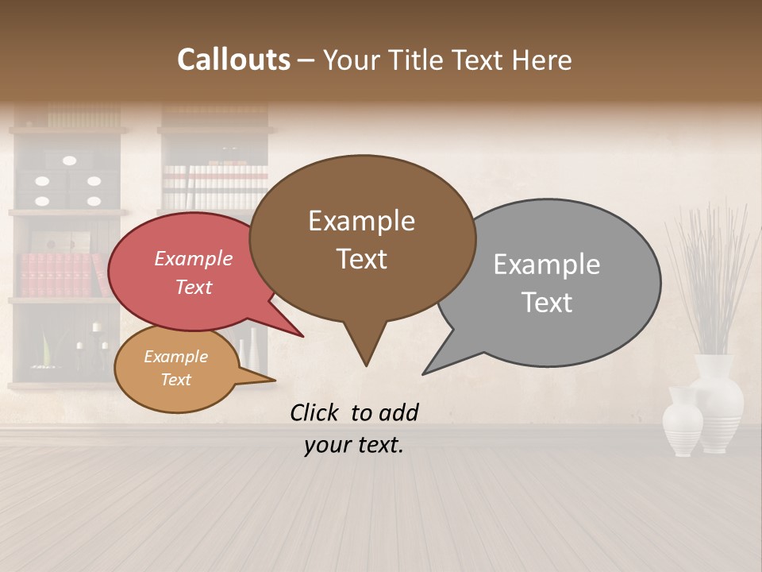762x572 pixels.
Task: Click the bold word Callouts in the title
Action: (x=233, y=60)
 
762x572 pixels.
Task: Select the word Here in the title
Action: (x=541, y=60)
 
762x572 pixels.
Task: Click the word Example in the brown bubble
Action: (x=361, y=221)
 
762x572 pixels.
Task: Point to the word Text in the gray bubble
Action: (x=547, y=303)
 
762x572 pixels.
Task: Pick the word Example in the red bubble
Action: (x=193, y=258)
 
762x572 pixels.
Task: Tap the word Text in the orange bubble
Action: (x=175, y=380)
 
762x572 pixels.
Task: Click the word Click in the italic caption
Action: (x=316, y=412)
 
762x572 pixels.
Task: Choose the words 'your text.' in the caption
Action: (x=353, y=445)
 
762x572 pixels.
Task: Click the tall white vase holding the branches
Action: (x=716, y=401)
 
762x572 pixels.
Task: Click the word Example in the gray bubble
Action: (x=547, y=265)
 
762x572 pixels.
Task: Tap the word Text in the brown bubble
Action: (x=361, y=259)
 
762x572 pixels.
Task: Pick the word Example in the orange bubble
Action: (x=175, y=357)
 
